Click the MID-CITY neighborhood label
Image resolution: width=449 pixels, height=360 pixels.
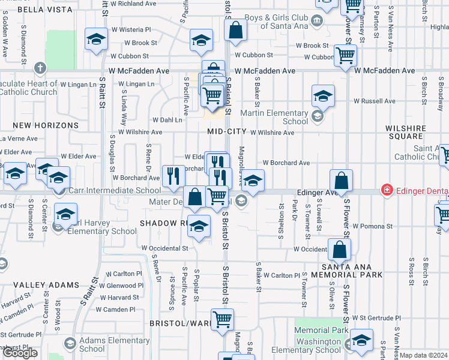pos(226,131)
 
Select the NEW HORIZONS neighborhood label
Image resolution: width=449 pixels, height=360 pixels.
pos(46,125)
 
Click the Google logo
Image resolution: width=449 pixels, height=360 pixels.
pos(20,353)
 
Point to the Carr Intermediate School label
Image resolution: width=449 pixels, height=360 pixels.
pos(114,191)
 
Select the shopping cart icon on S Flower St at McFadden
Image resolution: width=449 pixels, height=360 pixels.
pos(345,56)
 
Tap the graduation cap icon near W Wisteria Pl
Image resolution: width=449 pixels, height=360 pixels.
pos(95,40)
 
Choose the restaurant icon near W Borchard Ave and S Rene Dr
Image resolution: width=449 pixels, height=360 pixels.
pos(173,175)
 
